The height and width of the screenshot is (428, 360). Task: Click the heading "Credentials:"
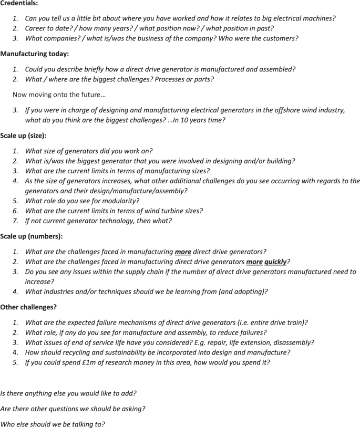[19, 4]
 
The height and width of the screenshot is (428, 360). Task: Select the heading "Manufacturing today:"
[34, 54]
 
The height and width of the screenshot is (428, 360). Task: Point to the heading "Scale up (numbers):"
[31, 236]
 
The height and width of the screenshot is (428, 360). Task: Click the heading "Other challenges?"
[28, 307]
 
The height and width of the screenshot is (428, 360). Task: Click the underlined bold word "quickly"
[275, 262]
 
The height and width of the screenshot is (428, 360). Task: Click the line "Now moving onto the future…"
[59, 95]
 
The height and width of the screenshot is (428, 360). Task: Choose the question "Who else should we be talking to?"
[53, 423]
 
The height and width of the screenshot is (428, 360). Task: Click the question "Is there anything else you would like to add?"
[68, 393]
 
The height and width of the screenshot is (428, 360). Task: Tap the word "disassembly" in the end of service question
[294, 342]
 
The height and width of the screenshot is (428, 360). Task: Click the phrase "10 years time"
[199, 120]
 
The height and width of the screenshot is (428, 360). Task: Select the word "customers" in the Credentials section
[279, 38]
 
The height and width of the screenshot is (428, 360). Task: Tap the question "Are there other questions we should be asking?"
[73, 408]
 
